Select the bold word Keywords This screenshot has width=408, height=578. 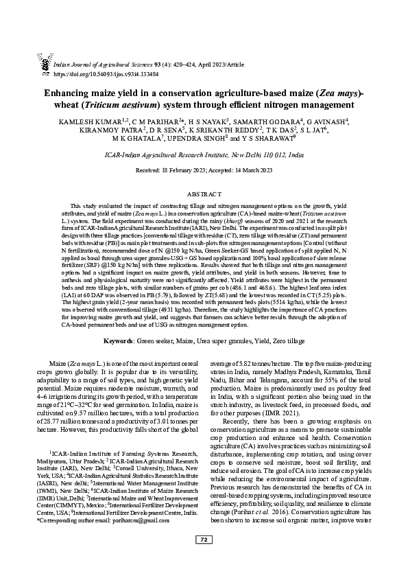coord(118,340)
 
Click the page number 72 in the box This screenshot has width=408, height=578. coord(204,559)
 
